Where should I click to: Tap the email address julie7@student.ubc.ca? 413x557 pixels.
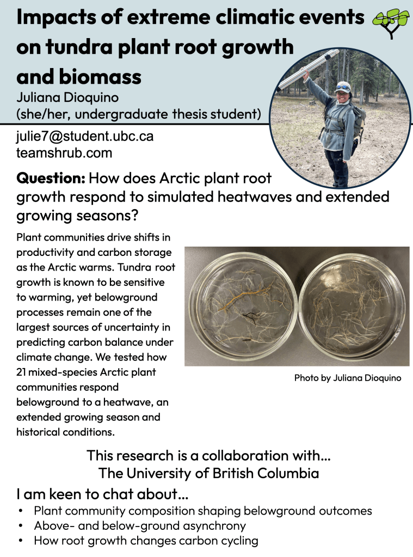[x=85, y=137]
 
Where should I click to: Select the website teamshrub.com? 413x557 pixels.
[x=64, y=153]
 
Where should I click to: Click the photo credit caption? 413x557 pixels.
[x=348, y=378]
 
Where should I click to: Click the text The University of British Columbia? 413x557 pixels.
[x=208, y=473]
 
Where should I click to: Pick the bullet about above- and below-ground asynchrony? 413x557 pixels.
[x=140, y=526]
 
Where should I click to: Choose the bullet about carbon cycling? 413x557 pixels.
[x=146, y=541]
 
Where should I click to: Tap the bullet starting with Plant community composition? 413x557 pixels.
[x=202, y=511]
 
